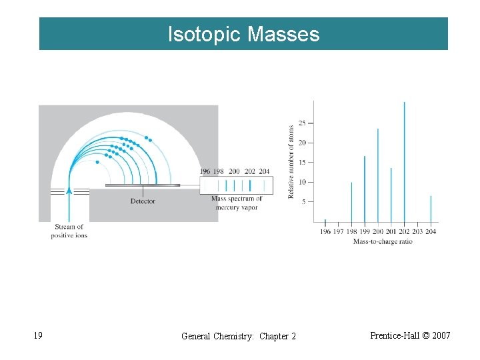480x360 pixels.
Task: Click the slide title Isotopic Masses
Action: coord(243,34)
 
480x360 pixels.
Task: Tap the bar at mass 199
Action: coord(365,189)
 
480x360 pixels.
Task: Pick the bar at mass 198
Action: coord(351,202)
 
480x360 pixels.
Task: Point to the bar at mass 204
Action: coord(431,209)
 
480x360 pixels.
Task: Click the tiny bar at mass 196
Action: coord(325,221)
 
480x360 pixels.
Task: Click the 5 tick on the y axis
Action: coord(303,202)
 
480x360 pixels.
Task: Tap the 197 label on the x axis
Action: coord(338,232)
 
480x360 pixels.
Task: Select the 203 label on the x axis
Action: coord(417,232)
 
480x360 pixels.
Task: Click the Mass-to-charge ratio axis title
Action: coord(383,241)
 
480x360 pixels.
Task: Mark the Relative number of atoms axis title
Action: coord(291,161)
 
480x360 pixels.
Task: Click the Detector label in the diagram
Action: coord(143,201)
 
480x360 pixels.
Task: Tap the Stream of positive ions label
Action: coord(69,231)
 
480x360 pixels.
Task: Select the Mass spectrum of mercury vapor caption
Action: coord(236,203)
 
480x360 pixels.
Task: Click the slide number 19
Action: coord(38,335)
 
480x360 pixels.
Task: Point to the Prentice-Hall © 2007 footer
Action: coord(410,335)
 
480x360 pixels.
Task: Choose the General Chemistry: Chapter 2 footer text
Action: coord(239,336)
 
